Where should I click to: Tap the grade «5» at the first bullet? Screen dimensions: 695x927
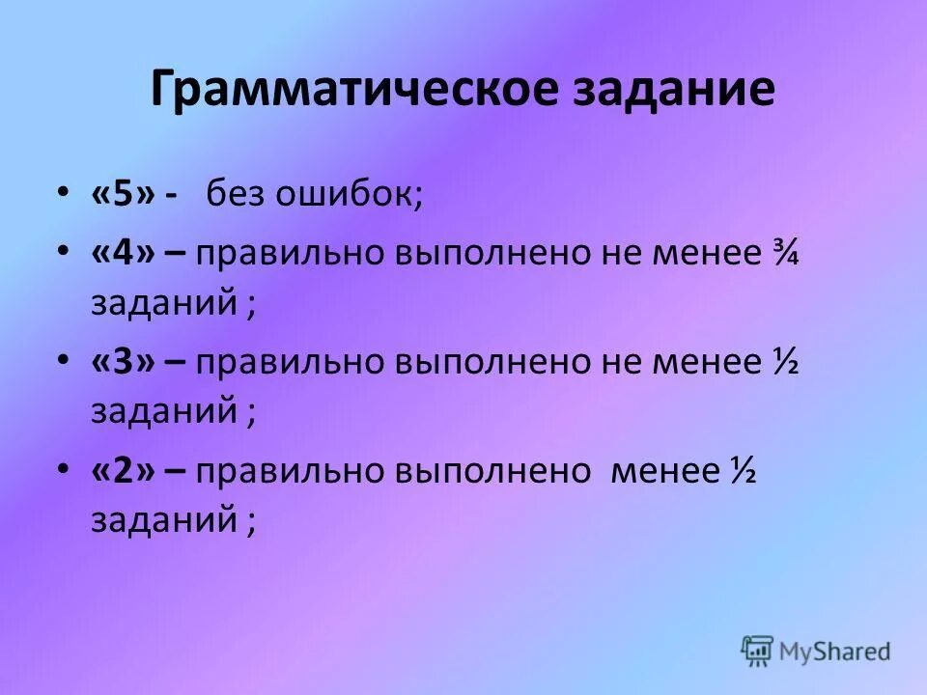122,194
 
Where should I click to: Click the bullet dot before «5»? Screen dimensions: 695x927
63,194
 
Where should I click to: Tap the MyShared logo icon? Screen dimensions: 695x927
757,651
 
